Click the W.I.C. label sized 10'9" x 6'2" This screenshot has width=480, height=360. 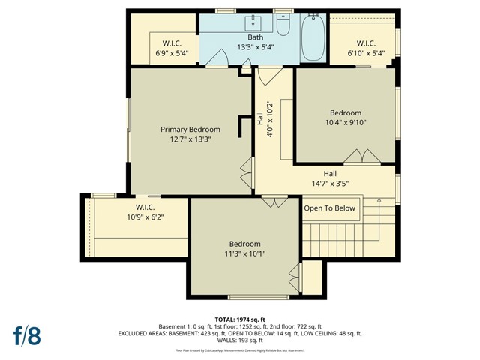pos(145,207)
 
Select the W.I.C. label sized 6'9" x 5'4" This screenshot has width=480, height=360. pos(172,43)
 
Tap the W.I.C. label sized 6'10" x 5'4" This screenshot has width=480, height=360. pos(366,43)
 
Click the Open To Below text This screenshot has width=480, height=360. pos(330,208)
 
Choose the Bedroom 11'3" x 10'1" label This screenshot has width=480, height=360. pos(245,244)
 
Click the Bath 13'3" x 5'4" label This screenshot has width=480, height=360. pos(256,37)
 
